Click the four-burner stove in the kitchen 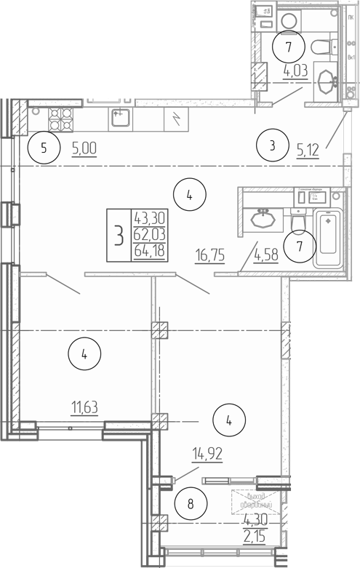[60, 117]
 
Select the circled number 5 [44, 149]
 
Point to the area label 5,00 [84, 149]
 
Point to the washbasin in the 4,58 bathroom [263, 217]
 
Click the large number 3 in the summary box [118, 235]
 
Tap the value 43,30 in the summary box [148, 217]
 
